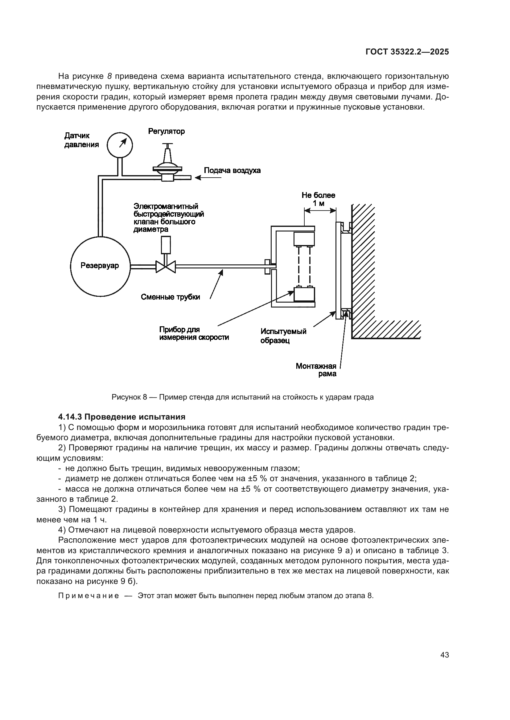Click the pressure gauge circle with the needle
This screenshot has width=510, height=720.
[x=120, y=145]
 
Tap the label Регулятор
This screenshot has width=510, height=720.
[x=167, y=131]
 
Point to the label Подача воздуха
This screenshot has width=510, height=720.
[x=232, y=171]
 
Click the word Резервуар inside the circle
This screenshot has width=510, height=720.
[x=100, y=266]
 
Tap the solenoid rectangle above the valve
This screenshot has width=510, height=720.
[x=166, y=245]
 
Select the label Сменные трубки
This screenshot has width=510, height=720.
[x=170, y=297]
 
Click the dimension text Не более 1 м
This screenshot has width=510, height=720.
[x=319, y=199]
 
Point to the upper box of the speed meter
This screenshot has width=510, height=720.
[x=304, y=239]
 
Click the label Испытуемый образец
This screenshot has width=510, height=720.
[x=283, y=336]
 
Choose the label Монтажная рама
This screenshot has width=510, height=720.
[x=316, y=370]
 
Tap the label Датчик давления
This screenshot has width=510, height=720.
[x=81, y=140]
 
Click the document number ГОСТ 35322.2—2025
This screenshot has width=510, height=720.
[x=407, y=52]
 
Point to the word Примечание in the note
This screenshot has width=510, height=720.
[x=88, y=596]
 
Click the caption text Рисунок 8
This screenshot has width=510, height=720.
[x=129, y=397]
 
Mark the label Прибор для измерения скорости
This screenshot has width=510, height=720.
[x=194, y=333]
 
